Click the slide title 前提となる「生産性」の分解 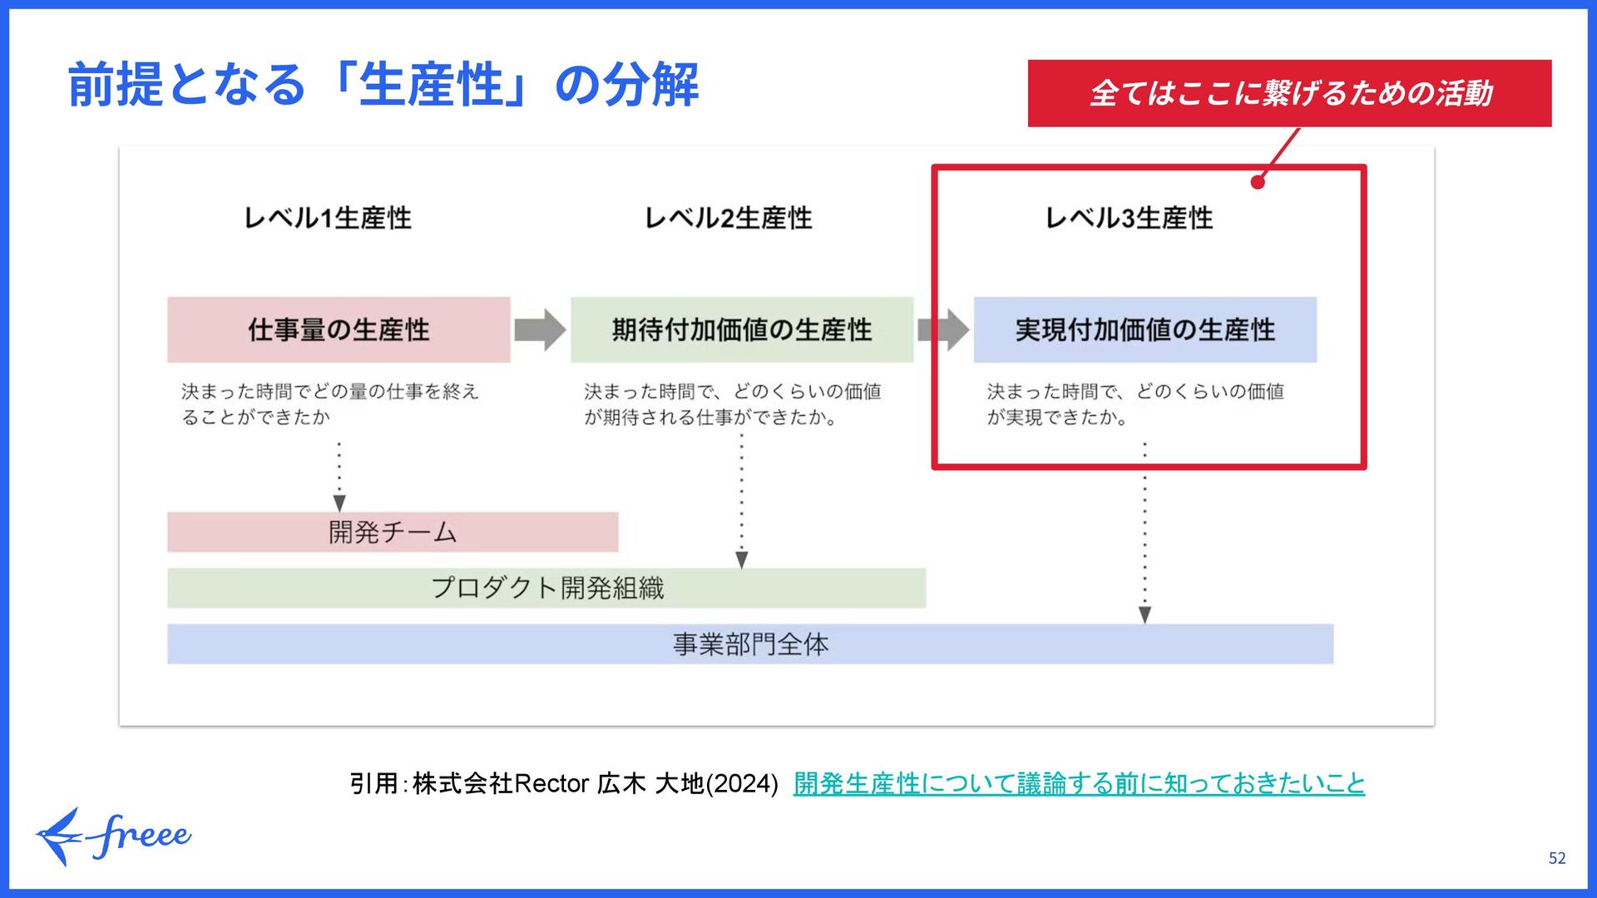(x=383, y=84)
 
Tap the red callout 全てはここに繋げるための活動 (x=1289, y=93)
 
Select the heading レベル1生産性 (x=327, y=218)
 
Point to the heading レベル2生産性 (x=728, y=218)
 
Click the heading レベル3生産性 (x=1129, y=218)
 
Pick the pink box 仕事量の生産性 (x=339, y=329)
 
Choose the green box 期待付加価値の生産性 (x=741, y=329)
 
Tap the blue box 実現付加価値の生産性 (x=1145, y=329)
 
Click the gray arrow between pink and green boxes (x=540, y=329)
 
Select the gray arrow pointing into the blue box (x=943, y=329)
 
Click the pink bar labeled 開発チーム (x=393, y=532)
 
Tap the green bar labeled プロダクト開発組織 (x=546, y=588)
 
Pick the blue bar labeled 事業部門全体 (x=750, y=644)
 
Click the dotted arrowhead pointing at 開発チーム (x=339, y=503)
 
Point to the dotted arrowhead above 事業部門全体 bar (x=1145, y=614)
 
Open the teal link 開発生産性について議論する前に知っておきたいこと (x=1079, y=783)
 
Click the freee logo (x=113, y=836)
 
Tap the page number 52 (x=1557, y=858)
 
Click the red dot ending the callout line (x=1258, y=182)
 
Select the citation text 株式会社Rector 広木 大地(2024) (x=595, y=783)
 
